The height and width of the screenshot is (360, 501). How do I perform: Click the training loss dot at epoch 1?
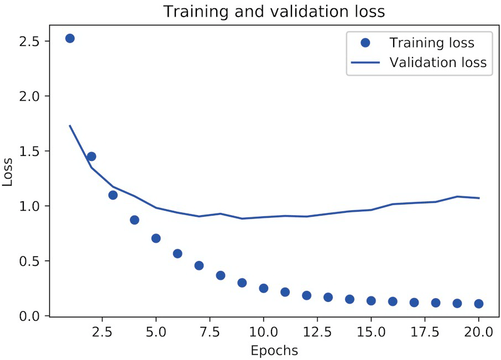[x=70, y=39]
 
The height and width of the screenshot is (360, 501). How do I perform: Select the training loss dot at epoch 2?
[x=91, y=156]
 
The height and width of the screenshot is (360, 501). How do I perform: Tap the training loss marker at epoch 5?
[x=156, y=238]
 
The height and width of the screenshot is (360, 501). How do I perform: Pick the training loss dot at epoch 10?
[x=263, y=288]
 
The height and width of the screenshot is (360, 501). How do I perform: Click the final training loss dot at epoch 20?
[x=478, y=304]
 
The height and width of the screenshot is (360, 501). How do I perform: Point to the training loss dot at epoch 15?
[x=371, y=301]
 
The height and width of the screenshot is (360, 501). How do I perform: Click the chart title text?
[x=274, y=12]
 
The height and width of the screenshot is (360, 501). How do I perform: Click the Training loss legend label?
[x=431, y=43]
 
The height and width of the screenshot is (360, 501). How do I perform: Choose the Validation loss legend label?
[x=438, y=62]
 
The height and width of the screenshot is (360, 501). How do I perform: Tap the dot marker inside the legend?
[x=365, y=43]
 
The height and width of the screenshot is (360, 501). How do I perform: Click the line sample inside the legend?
[x=365, y=62]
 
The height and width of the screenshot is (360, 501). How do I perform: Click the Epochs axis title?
[x=274, y=351]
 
